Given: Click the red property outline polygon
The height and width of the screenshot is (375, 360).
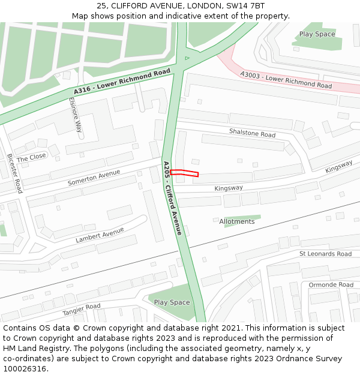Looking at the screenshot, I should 184,173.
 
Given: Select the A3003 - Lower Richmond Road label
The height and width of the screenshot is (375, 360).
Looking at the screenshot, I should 286,80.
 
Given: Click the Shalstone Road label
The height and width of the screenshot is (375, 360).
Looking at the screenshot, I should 252,132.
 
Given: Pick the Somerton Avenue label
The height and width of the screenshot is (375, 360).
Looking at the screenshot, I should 94,177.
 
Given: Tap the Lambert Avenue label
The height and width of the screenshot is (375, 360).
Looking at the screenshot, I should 100,235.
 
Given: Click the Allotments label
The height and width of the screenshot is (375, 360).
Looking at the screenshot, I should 236,221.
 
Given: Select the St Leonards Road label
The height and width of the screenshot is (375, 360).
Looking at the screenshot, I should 325,254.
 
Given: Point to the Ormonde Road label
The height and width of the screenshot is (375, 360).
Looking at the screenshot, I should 331,284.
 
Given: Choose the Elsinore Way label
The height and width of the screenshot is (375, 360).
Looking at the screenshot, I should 75,115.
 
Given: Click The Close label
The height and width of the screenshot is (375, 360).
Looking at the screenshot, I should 31,157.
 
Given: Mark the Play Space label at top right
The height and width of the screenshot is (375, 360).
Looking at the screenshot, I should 317,34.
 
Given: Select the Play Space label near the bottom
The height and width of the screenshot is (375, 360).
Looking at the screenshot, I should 172,302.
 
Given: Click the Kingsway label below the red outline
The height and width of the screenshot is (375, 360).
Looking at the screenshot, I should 229,188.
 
